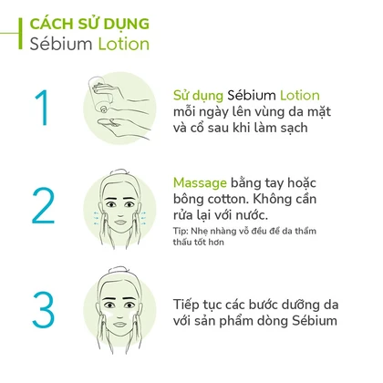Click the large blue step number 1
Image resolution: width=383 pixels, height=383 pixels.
pos(42,108)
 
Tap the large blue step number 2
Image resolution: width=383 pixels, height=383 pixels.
pos(43,205)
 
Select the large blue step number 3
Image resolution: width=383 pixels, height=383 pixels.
pos(43,310)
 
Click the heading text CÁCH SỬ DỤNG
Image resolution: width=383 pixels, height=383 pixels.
pos(89,25)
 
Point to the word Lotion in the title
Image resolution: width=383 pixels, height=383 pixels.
pos(124,44)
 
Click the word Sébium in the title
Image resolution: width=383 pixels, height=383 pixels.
pos(61,44)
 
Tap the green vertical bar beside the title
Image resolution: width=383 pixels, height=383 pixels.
pos(20,34)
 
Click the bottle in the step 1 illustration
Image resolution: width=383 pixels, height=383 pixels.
pos(100,94)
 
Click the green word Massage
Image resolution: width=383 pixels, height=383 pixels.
pos(200,183)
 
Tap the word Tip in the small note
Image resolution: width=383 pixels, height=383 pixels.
pos(181,232)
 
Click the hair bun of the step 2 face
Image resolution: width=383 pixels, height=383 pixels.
pos(118,172)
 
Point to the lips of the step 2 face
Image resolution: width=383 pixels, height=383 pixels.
pos(120,222)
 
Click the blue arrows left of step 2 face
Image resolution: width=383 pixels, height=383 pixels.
pos(96,218)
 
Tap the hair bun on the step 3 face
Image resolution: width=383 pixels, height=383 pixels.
pos(118,271)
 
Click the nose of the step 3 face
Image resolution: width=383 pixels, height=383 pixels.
pos(120,312)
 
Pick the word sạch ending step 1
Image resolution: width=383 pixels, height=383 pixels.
pos(294,129)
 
